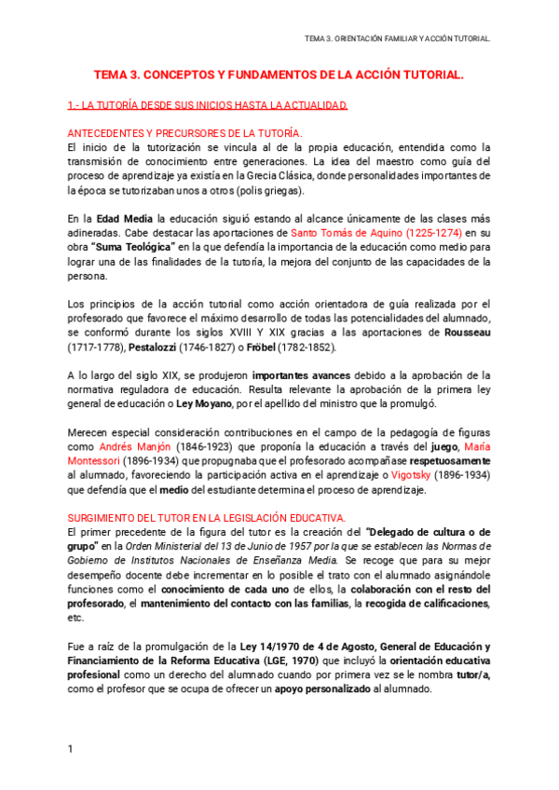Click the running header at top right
coord(397,38)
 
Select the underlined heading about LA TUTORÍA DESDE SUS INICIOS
coord(208,105)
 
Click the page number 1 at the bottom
coord(70,749)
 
